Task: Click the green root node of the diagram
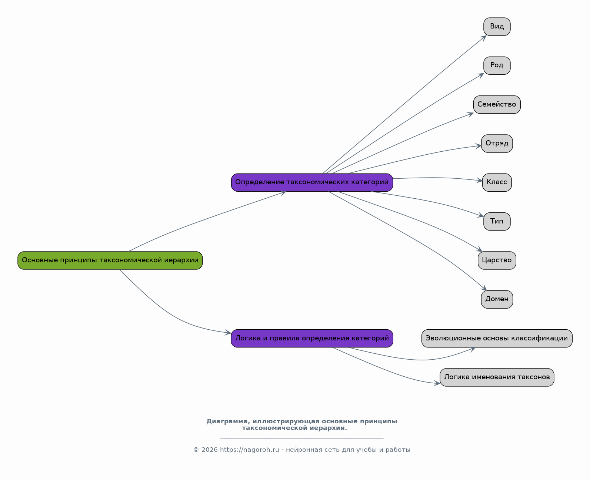pyautogui.click(x=110, y=260)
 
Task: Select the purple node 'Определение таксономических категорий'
pyautogui.click(x=312, y=182)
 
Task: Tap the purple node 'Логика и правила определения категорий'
pyautogui.click(x=312, y=338)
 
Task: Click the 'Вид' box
pyautogui.click(x=497, y=27)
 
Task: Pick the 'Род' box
pyautogui.click(x=497, y=65)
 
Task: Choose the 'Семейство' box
pyautogui.click(x=497, y=105)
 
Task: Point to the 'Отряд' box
pyautogui.click(x=497, y=144)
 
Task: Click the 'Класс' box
pyautogui.click(x=497, y=182)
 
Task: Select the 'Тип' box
pyautogui.click(x=497, y=221)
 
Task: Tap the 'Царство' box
pyautogui.click(x=497, y=260)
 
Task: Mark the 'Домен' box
pyautogui.click(x=497, y=299)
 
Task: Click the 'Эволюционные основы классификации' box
pyautogui.click(x=497, y=338)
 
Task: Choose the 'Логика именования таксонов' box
pyautogui.click(x=497, y=377)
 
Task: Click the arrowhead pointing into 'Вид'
pyautogui.click(x=484, y=38)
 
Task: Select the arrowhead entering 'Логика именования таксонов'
pyautogui.click(x=437, y=383)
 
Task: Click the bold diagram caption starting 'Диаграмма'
pyautogui.click(x=301, y=424)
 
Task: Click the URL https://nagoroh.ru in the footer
pyautogui.click(x=249, y=450)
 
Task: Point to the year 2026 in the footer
pyautogui.click(x=209, y=450)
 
